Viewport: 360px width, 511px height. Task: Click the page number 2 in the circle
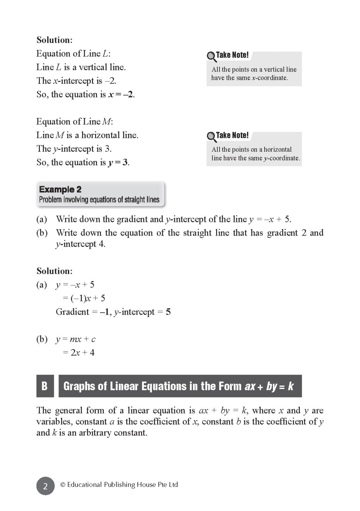click(45, 486)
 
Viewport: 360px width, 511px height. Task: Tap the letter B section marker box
click(45, 386)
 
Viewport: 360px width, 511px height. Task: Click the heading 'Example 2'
click(60, 189)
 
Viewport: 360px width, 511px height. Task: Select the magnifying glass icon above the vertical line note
click(211, 56)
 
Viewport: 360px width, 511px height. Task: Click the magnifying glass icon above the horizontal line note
click(211, 136)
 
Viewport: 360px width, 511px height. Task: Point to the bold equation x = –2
click(121, 94)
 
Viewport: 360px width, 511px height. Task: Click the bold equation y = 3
click(118, 162)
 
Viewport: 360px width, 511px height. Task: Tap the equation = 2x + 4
click(79, 352)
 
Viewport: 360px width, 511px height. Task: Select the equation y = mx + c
click(75, 339)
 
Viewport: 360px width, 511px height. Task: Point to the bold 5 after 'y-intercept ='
click(168, 312)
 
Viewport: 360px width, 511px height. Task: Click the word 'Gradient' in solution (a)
click(72, 312)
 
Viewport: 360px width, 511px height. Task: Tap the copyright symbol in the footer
click(62, 485)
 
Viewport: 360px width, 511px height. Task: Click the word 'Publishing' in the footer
click(118, 485)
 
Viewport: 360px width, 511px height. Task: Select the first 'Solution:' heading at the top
click(55, 40)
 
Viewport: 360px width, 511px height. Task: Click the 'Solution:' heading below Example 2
click(55, 271)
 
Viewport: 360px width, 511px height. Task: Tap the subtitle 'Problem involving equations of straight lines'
click(99, 200)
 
